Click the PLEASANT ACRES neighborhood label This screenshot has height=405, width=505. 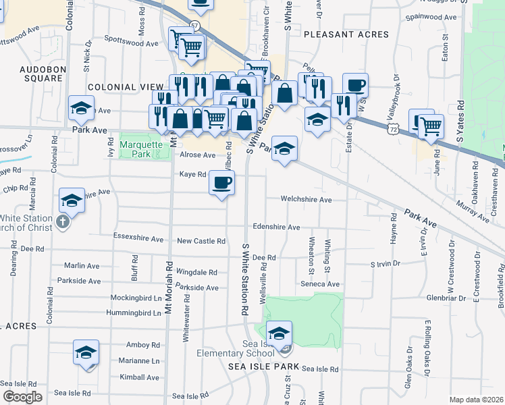click(x=346, y=34)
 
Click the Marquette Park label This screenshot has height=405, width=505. click(x=140, y=148)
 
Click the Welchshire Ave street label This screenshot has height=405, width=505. click(x=307, y=200)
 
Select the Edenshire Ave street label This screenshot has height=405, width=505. click(x=275, y=227)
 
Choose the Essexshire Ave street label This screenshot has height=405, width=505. click(x=138, y=239)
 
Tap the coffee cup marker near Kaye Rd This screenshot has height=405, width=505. click(x=221, y=182)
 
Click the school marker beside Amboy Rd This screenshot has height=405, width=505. click(x=86, y=353)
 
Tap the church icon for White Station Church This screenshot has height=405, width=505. click(x=63, y=222)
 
